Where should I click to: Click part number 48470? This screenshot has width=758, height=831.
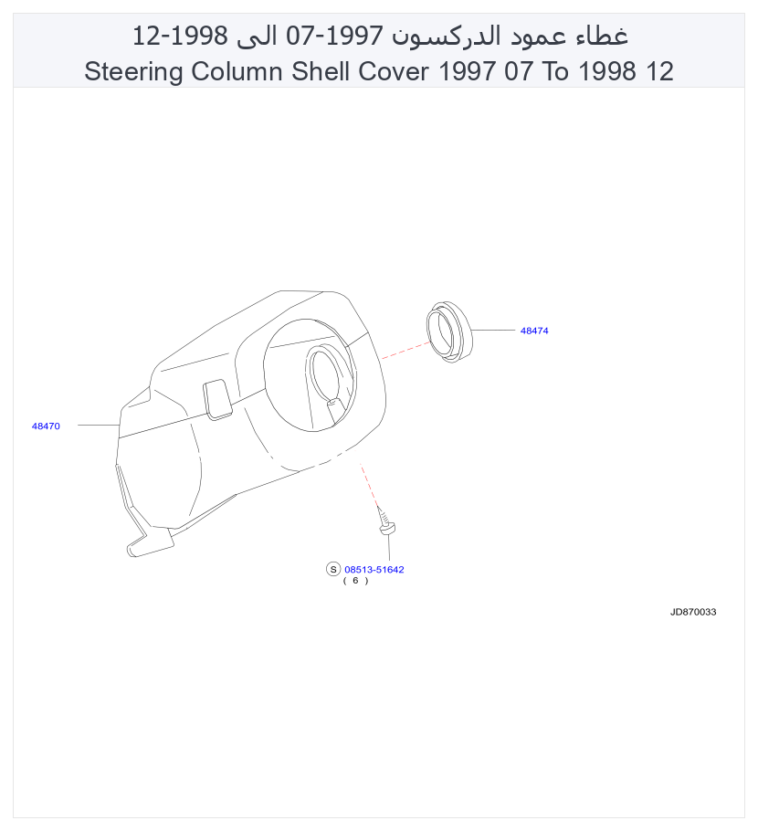tap(46, 426)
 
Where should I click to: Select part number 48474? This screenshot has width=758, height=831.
tap(534, 331)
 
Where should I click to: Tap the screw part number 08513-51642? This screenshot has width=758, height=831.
tap(374, 569)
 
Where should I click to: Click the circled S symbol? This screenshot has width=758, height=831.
tap(333, 569)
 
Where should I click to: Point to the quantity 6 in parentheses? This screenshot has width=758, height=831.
tap(355, 580)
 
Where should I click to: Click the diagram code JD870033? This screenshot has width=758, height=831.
tap(693, 612)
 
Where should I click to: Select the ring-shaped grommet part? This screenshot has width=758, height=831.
tap(448, 331)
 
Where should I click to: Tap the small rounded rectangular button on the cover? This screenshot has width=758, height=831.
tap(217, 399)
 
